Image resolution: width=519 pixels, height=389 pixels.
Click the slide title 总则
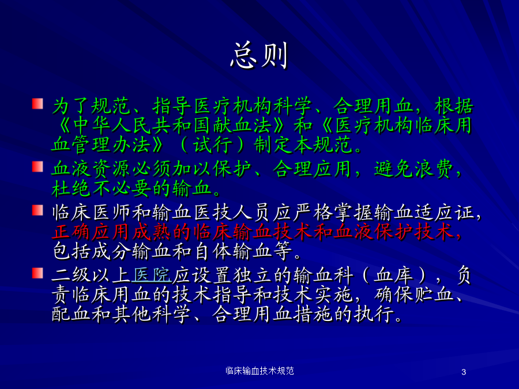pyautogui.click(x=259, y=55)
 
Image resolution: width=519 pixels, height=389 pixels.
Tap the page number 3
pyautogui.click(x=464, y=372)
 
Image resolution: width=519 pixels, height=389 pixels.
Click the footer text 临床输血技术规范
pyautogui.click(x=259, y=371)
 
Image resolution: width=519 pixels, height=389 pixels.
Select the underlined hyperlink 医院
pyautogui.click(x=152, y=275)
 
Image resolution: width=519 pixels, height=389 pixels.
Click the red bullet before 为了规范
pyautogui.click(x=37, y=104)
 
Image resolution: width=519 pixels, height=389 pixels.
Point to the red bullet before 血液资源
pyautogui.click(x=37, y=167)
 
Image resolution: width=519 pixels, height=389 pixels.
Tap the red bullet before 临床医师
pyautogui.click(x=37, y=210)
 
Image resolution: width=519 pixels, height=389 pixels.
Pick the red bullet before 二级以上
pyautogui.click(x=37, y=273)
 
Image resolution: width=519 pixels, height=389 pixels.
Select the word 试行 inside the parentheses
pyautogui.click(x=212, y=145)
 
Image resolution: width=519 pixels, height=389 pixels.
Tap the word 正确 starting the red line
pyautogui.click(x=71, y=232)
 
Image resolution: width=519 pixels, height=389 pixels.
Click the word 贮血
pyautogui.click(x=434, y=294)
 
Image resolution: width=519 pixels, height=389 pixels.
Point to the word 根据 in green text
pyautogui.click(x=454, y=106)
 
